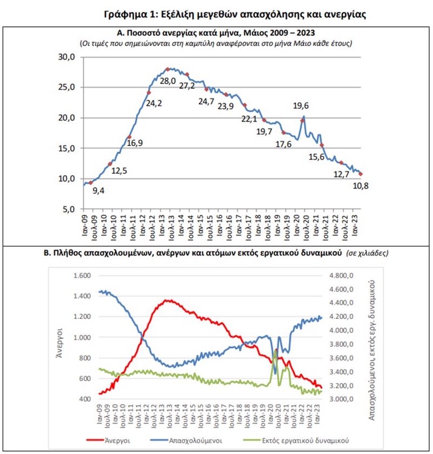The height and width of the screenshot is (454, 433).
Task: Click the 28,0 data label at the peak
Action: (x=168, y=81)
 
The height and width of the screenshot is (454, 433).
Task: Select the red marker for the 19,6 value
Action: (x=302, y=120)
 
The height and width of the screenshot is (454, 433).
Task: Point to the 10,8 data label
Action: (x=361, y=186)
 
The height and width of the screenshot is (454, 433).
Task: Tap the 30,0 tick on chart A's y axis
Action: (x=67, y=57)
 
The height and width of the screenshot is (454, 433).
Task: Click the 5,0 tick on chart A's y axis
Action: (x=69, y=209)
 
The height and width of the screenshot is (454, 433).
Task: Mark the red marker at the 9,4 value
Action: (x=91, y=183)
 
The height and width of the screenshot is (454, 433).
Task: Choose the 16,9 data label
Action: (x=135, y=143)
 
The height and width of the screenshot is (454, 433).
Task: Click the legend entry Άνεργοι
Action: (x=117, y=440)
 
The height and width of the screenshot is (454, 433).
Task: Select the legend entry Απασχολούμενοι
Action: (x=195, y=440)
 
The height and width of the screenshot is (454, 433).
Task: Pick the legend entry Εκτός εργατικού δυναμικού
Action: (x=305, y=440)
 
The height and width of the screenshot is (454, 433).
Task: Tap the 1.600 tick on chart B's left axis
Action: (x=82, y=276)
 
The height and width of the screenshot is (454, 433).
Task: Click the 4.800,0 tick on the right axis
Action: (x=341, y=276)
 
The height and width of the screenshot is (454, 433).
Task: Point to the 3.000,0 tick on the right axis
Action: (x=341, y=399)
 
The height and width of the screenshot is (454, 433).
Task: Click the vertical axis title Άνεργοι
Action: (x=59, y=343)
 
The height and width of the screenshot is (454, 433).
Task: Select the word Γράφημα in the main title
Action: (x=126, y=14)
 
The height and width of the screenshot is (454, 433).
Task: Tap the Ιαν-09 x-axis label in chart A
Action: (x=85, y=225)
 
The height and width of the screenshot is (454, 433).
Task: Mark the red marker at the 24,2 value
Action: (x=149, y=93)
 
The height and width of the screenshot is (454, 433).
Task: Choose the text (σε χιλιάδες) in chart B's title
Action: (x=367, y=253)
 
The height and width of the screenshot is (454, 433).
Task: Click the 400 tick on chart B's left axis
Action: (x=85, y=399)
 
